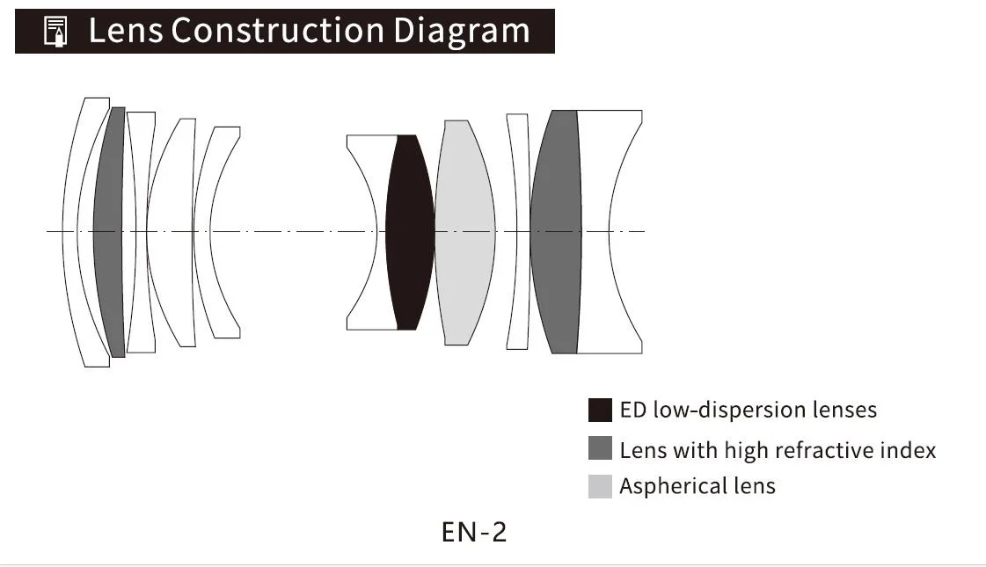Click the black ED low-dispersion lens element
coord(410,232)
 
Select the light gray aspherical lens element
coord(464,232)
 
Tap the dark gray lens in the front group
coord(109,232)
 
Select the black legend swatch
coord(600,410)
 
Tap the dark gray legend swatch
coord(600,448)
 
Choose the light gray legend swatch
coord(600,486)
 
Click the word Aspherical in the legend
coord(659,486)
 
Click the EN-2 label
coord(474,532)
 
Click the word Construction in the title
coord(277,31)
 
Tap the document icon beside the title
coord(55,32)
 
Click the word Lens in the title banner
coord(126,31)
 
